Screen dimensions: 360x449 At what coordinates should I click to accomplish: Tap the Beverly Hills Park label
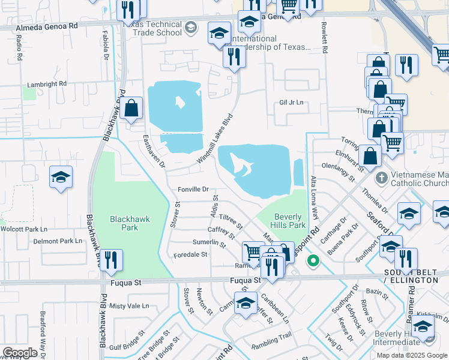pos(290,221)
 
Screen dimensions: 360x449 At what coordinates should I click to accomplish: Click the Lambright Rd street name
pos(47,84)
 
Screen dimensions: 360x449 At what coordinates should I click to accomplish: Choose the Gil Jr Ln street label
pos(292,103)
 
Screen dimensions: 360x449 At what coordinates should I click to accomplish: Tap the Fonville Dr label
pos(193,189)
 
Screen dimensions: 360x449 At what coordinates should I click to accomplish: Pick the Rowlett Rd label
pos(324,39)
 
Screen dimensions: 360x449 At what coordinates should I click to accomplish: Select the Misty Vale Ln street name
pos(129,305)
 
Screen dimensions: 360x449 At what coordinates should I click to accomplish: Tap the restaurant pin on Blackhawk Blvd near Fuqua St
pos(111,260)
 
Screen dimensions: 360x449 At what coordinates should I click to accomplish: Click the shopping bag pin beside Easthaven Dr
pos(131,109)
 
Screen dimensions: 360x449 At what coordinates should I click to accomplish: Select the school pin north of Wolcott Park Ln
pos(61,177)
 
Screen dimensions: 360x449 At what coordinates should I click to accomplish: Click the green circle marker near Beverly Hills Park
pos(313,260)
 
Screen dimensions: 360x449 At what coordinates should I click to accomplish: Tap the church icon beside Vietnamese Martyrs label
pos(381,178)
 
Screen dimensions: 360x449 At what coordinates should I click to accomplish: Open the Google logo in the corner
pos(20,353)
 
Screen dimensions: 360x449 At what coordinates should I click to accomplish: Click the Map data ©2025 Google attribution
pos(411,355)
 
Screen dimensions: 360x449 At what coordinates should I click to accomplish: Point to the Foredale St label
pos(190,254)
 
